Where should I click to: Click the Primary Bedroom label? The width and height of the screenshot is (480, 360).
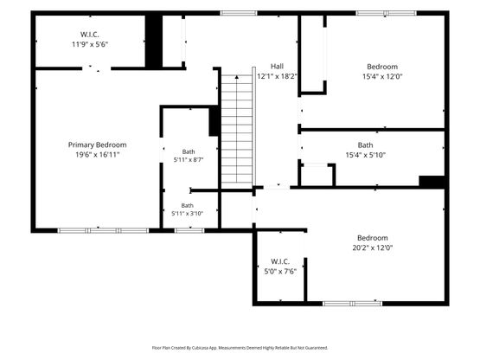(x=97, y=145)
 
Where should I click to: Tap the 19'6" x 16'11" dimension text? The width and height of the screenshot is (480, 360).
(x=97, y=155)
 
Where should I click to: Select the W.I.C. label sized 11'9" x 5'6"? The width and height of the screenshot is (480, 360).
(x=90, y=35)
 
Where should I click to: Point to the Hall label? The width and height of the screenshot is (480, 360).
(x=277, y=66)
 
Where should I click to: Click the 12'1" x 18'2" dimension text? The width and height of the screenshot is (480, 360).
(x=277, y=76)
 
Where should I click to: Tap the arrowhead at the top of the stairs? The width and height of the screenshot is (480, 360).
(x=237, y=77)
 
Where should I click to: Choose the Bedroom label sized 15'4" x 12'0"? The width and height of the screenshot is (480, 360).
(x=382, y=67)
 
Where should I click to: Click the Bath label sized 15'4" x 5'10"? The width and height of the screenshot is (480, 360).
(x=365, y=145)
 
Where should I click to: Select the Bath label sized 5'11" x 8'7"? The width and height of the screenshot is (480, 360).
(x=189, y=151)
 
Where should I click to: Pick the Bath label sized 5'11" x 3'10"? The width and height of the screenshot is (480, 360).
(x=187, y=206)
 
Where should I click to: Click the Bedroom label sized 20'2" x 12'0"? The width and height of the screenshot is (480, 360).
(x=373, y=238)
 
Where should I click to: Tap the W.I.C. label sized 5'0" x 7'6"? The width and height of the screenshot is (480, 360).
(x=280, y=261)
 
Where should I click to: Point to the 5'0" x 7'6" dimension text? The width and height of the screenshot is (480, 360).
(x=280, y=272)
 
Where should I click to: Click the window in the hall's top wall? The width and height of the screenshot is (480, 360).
(x=239, y=13)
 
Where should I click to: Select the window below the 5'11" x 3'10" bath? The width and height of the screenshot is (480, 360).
(x=189, y=230)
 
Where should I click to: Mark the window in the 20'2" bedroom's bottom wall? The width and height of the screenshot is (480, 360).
(x=352, y=304)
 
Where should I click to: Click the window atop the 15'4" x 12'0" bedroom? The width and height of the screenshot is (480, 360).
(x=387, y=13)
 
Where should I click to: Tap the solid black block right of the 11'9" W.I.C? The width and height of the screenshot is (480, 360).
(x=153, y=41)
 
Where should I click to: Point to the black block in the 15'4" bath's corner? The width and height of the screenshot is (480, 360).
(x=432, y=181)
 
